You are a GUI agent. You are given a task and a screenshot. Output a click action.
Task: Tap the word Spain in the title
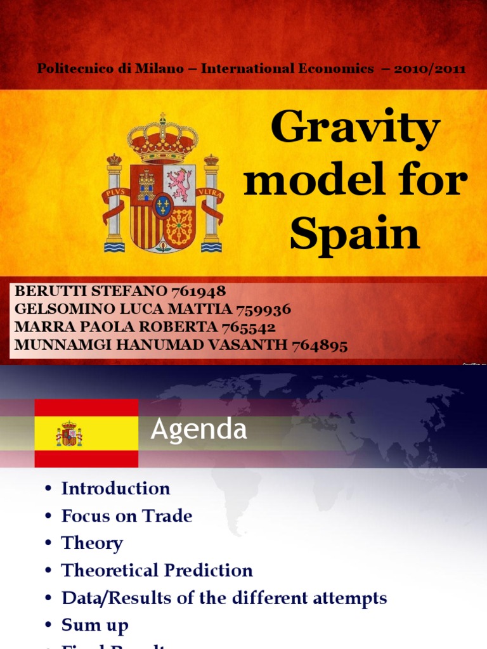[x=354, y=234]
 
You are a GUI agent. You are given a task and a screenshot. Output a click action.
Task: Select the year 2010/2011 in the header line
[x=429, y=68]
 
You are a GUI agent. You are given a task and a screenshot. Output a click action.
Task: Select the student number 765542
[x=248, y=327]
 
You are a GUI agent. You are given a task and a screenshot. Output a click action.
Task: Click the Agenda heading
[x=198, y=430]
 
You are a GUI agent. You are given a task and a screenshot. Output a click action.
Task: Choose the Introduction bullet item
[x=115, y=489]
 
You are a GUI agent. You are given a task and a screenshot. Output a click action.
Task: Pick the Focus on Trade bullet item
[x=126, y=516]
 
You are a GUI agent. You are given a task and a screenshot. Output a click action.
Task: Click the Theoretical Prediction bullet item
[x=157, y=570]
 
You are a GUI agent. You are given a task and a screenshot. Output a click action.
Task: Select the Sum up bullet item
[x=94, y=625]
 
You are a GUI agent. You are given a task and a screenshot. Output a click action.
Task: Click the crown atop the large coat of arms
[x=162, y=138]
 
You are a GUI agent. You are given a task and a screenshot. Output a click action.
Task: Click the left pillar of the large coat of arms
[x=115, y=203]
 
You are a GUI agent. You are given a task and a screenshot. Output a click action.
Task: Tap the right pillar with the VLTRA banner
[x=211, y=203]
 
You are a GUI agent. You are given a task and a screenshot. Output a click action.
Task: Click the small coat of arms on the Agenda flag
[x=69, y=434]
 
